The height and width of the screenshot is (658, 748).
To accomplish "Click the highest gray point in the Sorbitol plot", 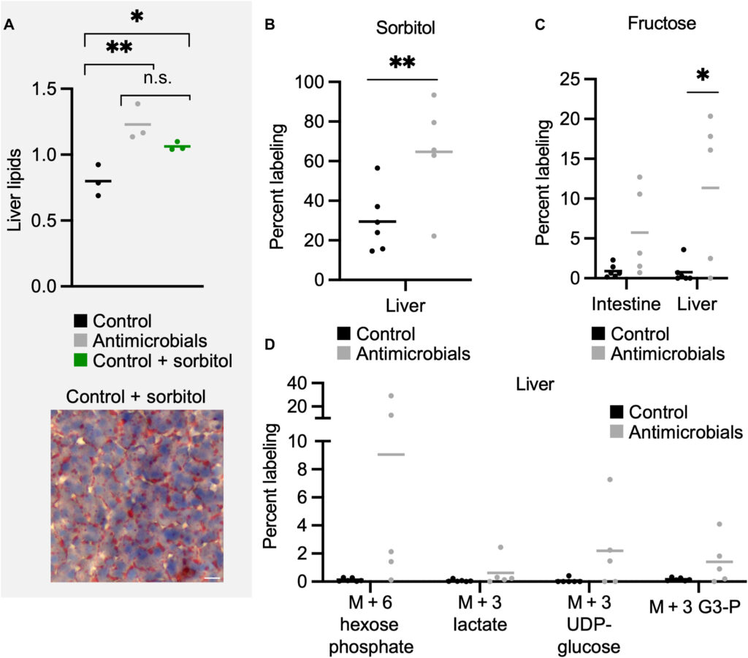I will click(x=434, y=95).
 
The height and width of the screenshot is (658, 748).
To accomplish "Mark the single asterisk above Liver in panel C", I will click(x=703, y=77).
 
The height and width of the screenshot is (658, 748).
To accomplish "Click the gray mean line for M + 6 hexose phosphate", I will click(x=391, y=454).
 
